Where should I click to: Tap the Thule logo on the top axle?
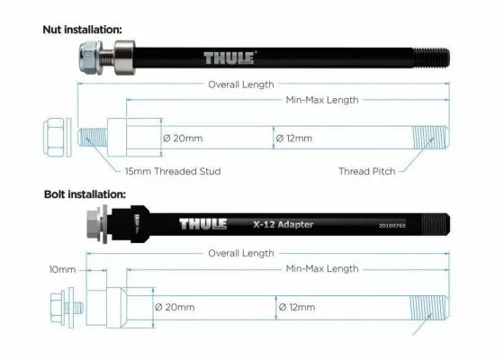(229, 58)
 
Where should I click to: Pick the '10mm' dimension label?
(61, 268)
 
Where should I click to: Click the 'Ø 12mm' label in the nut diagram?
(295, 139)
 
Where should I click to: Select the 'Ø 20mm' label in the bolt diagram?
(175, 308)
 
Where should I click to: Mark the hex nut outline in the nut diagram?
(57, 139)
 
